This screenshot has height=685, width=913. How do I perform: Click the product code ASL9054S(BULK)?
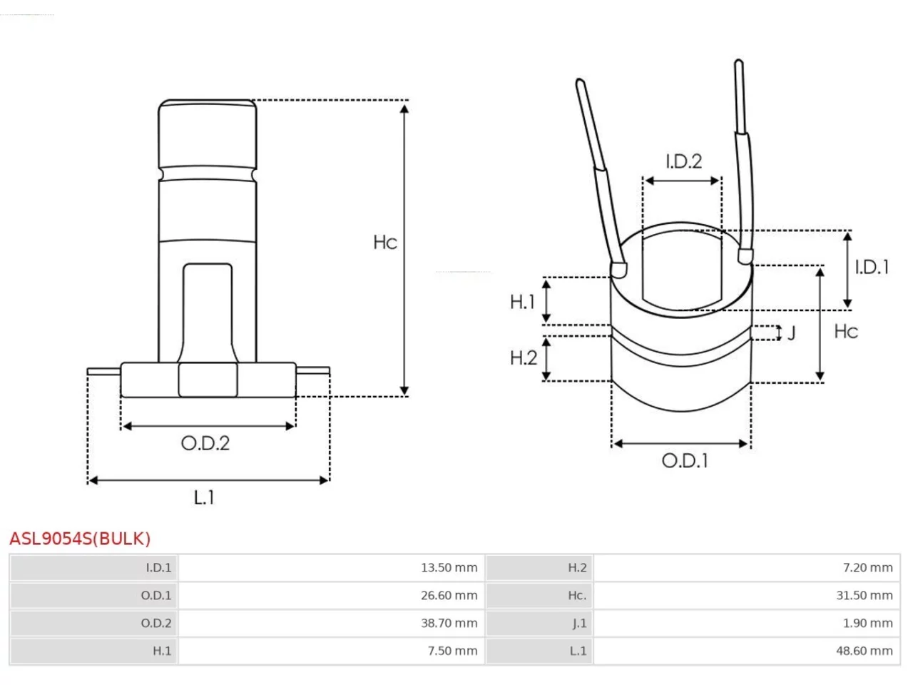pyautogui.click(x=79, y=538)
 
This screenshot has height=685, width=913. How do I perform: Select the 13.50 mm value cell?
pyautogui.click(x=449, y=567)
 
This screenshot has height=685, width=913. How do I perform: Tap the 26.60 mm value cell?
pyautogui.click(x=449, y=595)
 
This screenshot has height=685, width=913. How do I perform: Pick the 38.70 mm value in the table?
pyautogui.click(x=449, y=623)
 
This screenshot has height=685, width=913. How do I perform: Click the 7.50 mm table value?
pyautogui.click(x=452, y=651)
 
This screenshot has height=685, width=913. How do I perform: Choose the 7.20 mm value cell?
pyautogui.click(x=867, y=567)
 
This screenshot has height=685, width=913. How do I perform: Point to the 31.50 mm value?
pyautogui.click(x=864, y=595)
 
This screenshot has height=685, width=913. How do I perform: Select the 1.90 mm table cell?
pyautogui.click(x=867, y=623)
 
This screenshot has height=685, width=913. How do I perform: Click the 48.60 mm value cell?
pyautogui.click(x=864, y=651)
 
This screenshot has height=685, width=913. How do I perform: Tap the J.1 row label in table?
pyautogui.click(x=579, y=623)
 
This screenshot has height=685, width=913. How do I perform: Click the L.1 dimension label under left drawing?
pyautogui.click(x=204, y=497)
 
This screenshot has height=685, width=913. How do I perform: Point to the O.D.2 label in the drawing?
pyautogui.click(x=205, y=443)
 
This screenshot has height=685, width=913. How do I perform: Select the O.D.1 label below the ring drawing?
pyautogui.click(x=684, y=461)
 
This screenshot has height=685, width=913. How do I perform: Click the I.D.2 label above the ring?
pyautogui.click(x=684, y=161)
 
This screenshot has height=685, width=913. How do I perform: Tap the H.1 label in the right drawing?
pyautogui.click(x=522, y=302)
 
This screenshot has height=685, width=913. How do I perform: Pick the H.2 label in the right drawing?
pyautogui.click(x=524, y=357)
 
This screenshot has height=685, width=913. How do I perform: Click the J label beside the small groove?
pyautogui.click(x=792, y=333)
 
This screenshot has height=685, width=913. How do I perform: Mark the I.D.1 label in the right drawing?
pyautogui.click(x=872, y=267)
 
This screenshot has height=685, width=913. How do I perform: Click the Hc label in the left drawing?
pyautogui.click(x=385, y=242)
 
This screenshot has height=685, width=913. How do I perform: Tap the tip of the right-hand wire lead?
pyautogui.click(x=739, y=61)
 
